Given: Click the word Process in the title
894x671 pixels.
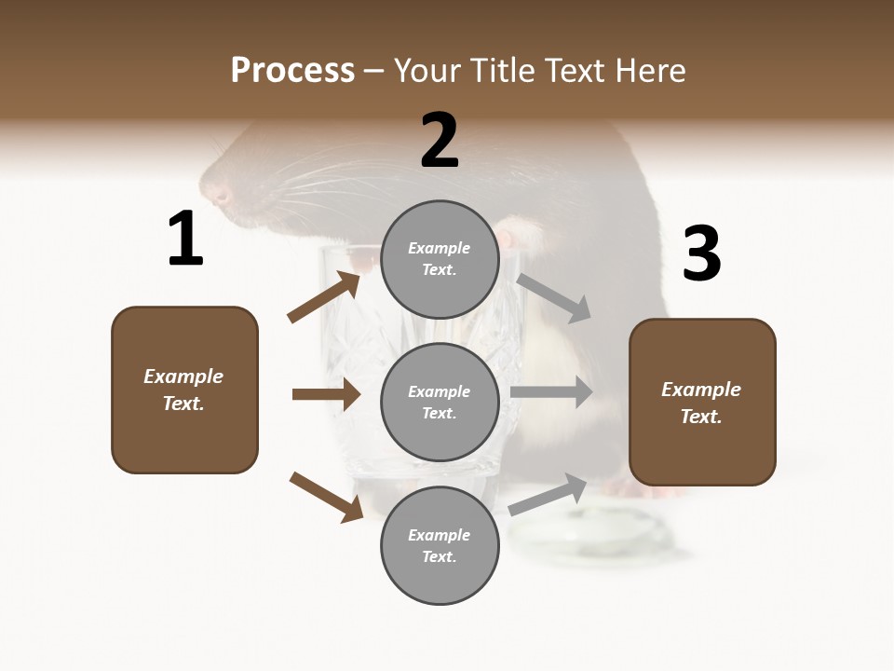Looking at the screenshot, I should pos(292,71).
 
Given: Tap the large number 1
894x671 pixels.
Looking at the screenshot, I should pos(185,240).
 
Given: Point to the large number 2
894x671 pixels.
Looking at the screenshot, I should pos(440,141).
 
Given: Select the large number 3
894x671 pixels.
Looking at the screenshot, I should pos(701,253).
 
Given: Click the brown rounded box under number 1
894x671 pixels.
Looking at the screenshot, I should pos(184,390).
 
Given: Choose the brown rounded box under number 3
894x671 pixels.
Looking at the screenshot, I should pos(702,403).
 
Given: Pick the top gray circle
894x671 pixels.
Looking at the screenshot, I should pos(440,258).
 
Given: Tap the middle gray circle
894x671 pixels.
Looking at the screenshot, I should pos(440,402).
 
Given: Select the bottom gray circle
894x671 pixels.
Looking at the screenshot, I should pos(440,545).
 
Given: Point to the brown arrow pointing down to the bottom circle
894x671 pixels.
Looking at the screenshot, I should pos(326,496).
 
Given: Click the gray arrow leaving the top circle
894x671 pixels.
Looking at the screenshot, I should pos(554,297).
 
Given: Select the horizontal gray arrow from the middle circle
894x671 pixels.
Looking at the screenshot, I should pos(551,392).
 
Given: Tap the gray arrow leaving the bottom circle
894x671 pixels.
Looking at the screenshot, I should pos(548,495).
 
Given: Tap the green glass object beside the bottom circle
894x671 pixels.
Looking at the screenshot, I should pos(596,535).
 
